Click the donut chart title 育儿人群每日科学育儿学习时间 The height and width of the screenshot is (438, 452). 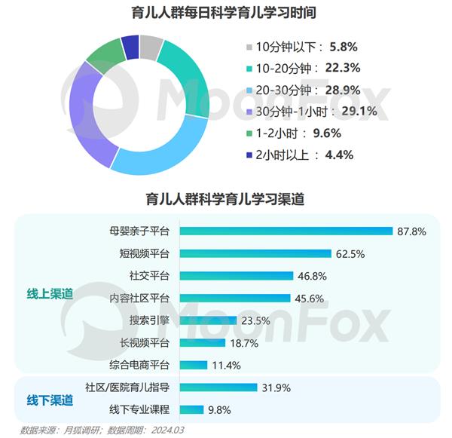click(225, 13)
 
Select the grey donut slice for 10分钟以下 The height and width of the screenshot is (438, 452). click(151, 47)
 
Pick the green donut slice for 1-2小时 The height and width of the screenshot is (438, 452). click(104, 57)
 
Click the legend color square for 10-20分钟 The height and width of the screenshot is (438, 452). click(249, 68)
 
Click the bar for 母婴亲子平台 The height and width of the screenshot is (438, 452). click(286, 231)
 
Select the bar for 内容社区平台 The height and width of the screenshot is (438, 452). click(234, 299)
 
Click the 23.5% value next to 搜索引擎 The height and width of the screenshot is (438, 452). click(255, 320)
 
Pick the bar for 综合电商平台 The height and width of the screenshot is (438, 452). click(194, 365)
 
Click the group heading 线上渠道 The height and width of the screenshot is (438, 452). click(44, 294)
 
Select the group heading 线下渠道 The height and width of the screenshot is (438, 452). click(44, 399)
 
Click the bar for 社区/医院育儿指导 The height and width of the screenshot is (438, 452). click(218, 388)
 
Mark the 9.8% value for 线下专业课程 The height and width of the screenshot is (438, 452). click(219, 410)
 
